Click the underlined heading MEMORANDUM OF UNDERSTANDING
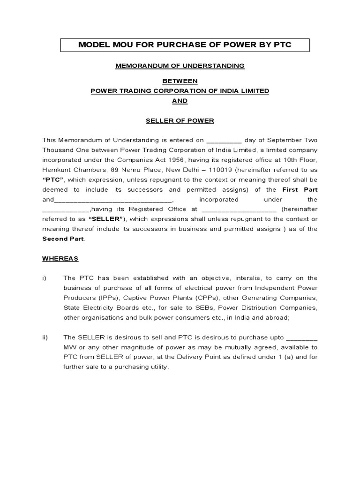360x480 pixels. pos(180,66)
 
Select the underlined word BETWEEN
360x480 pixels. pos(180,81)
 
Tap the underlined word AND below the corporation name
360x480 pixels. pos(180,101)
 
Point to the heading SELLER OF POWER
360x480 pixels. pos(180,120)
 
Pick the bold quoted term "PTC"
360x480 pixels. pos(53,180)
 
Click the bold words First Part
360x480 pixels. pos(300,189)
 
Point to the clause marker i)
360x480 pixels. pos(45,278)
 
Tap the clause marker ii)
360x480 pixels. pos(45,337)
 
